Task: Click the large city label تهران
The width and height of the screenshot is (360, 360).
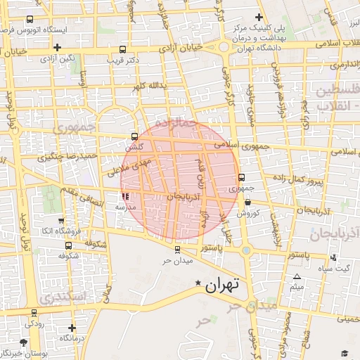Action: [x=221, y=285]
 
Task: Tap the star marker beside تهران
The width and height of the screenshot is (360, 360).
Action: [x=198, y=283]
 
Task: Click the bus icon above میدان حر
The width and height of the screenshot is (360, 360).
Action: [x=176, y=249]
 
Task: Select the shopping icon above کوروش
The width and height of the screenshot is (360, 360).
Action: [x=248, y=202]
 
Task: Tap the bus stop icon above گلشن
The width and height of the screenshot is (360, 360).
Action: [x=134, y=137]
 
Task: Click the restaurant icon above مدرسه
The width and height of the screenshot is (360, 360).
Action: [x=125, y=198]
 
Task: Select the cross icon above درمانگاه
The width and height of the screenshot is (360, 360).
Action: [x=72, y=328]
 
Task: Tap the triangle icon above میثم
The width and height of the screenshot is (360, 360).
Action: [x=297, y=276]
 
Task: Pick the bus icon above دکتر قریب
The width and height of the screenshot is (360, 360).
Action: [x=124, y=50]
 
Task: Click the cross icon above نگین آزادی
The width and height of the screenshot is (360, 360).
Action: [x=56, y=47]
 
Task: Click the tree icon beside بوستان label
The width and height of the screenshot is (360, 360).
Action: [x=24, y=342]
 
